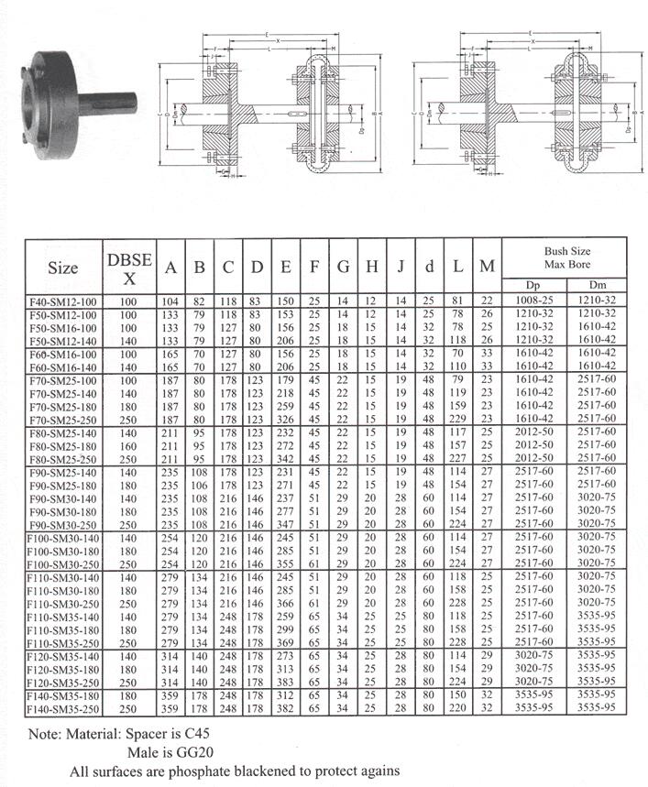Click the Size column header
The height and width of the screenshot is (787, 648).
click(63, 267)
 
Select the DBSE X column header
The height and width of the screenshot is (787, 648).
click(129, 267)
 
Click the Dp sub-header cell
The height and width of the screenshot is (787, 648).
click(535, 284)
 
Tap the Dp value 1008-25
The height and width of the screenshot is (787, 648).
click(535, 301)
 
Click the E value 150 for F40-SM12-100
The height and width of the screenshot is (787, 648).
click(286, 301)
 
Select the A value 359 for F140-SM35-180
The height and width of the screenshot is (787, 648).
click(170, 697)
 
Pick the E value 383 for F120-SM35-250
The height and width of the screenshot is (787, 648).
click(286, 683)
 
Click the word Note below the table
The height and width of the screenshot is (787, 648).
click(46, 735)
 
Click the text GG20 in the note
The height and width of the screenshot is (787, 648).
click(198, 752)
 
